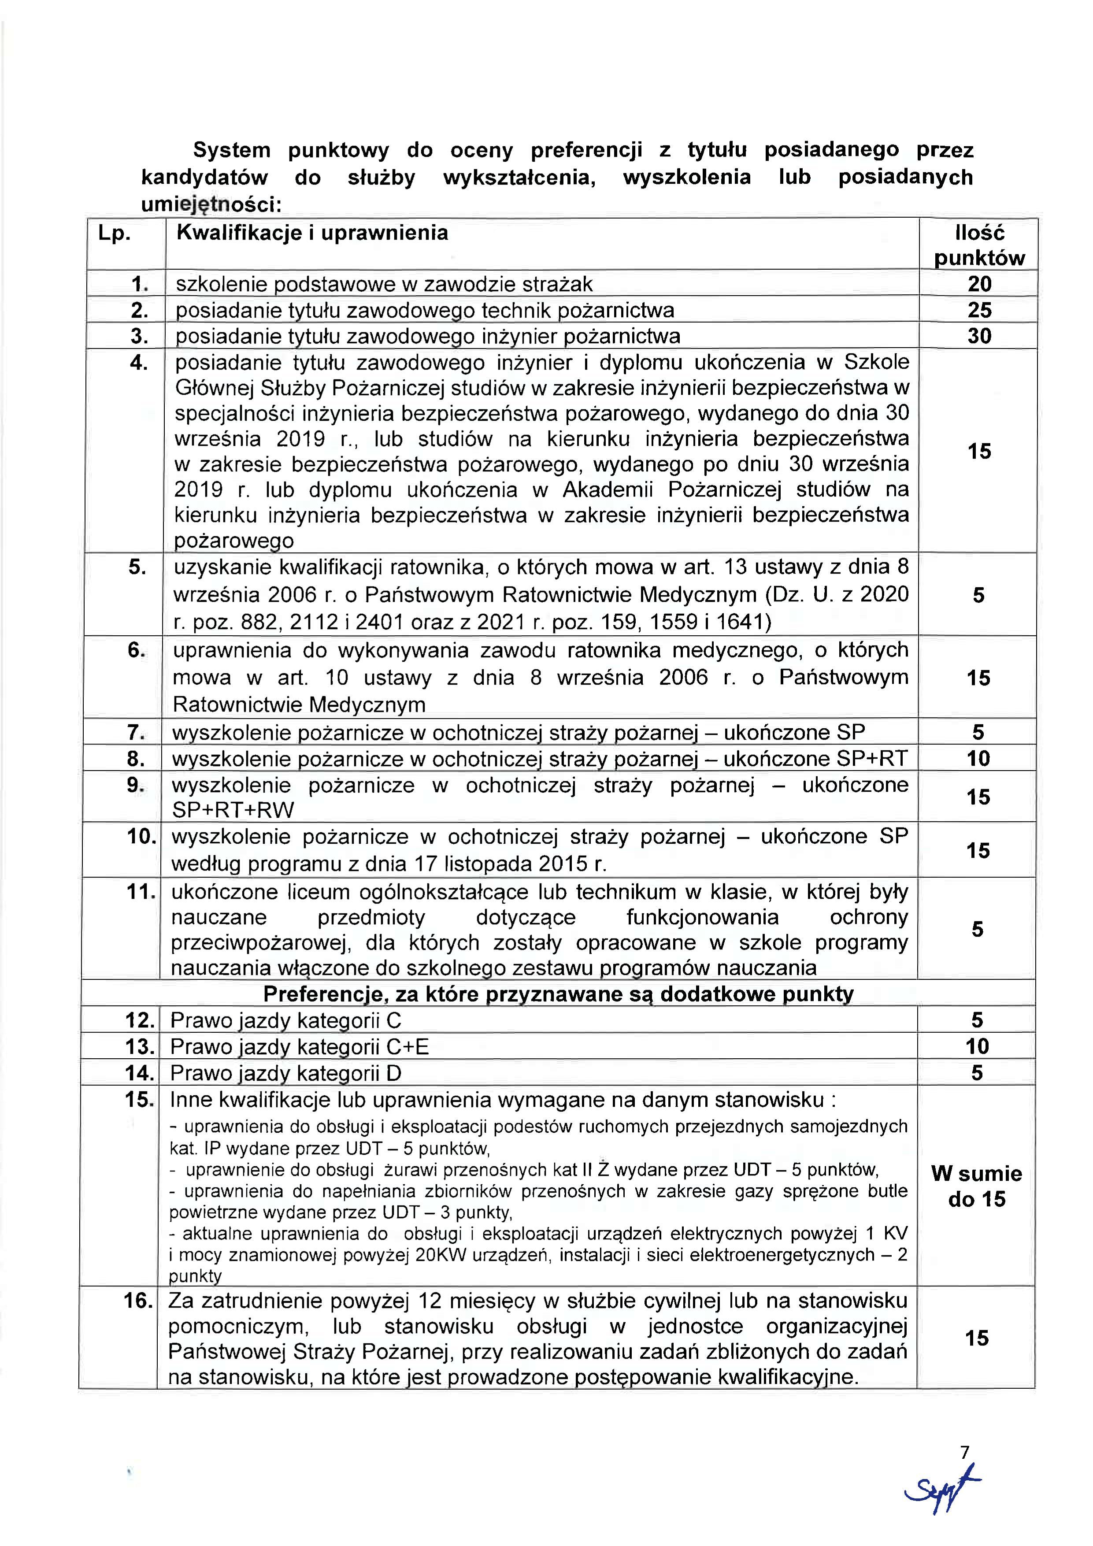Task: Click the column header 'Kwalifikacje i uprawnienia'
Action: (x=312, y=233)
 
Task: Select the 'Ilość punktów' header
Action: (x=979, y=245)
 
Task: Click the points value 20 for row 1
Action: (x=979, y=283)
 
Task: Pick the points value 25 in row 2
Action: (x=979, y=310)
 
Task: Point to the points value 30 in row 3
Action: (x=979, y=335)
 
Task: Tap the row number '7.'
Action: (x=137, y=732)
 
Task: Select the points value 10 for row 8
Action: (x=978, y=758)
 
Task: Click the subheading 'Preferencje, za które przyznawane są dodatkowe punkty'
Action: (x=558, y=994)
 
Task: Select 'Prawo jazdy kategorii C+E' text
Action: (x=299, y=1046)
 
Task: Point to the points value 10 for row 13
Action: (x=977, y=1046)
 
